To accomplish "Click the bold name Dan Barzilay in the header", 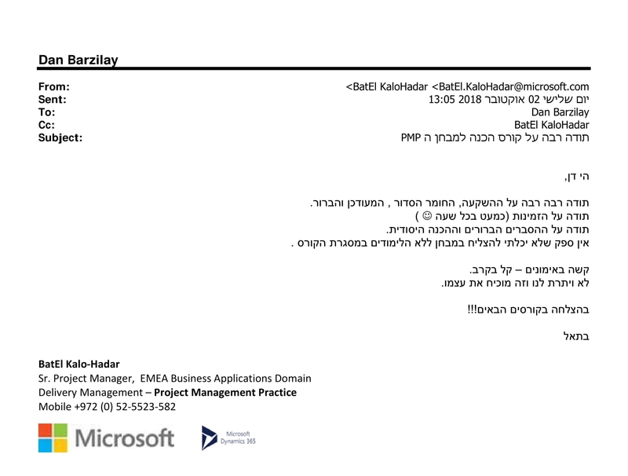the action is pyautogui.click(x=78, y=60).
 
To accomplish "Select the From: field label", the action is pyautogui.click(x=53, y=86).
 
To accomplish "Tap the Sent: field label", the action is pyautogui.click(x=52, y=100).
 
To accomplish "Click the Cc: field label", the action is pyautogui.click(x=46, y=125).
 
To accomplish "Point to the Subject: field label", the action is pyautogui.click(x=60, y=137).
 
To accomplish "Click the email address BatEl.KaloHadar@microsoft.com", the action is pyautogui.click(x=513, y=86).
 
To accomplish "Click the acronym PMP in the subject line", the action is pyautogui.click(x=411, y=137).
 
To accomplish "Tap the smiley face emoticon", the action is pyautogui.click(x=427, y=216).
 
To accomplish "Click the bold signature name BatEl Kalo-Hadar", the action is pyautogui.click(x=79, y=364).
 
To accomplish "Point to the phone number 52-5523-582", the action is pyautogui.click(x=145, y=407).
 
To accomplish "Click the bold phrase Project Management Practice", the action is pyautogui.click(x=225, y=392).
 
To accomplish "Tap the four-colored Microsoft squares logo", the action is pyautogui.click(x=53, y=438).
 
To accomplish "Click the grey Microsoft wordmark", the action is pyautogui.click(x=125, y=438).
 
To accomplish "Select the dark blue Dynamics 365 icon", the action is pyautogui.click(x=209, y=438).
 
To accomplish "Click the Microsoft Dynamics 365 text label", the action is pyautogui.click(x=238, y=438).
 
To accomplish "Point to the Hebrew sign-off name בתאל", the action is pyautogui.click(x=576, y=336).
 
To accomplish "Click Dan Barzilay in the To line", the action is pyautogui.click(x=560, y=112).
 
